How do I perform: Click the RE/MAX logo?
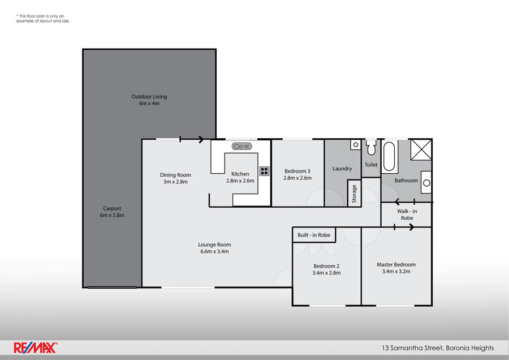pyautogui.click(x=35, y=348)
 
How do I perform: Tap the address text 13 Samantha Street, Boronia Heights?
pyautogui.click(x=438, y=348)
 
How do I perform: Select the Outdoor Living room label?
pyautogui.click(x=149, y=97)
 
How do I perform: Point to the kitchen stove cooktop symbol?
pyautogui.click(x=264, y=170)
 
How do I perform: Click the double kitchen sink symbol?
pyautogui.click(x=241, y=147)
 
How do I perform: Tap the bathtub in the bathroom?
pyautogui.click(x=389, y=157)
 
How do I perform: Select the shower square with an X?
pyautogui.click(x=420, y=149)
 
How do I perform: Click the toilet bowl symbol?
pyautogui.click(x=371, y=149)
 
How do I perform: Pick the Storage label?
pyautogui.click(x=355, y=194)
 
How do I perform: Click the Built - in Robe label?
pyautogui.click(x=314, y=235)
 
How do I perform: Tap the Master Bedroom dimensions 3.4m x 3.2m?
pyautogui.click(x=396, y=272)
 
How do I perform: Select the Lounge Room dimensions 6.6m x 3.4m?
pyautogui.click(x=214, y=251)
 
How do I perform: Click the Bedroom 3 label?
pyautogui.click(x=297, y=171)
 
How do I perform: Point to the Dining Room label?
pyautogui.click(x=175, y=175)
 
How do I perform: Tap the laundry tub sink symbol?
pyautogui.click(x=355, y=145)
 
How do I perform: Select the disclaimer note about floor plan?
pyautogui.click(x=43, y=19)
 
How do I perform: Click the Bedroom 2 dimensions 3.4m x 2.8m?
pyautogui.click(x=327, y=273)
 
